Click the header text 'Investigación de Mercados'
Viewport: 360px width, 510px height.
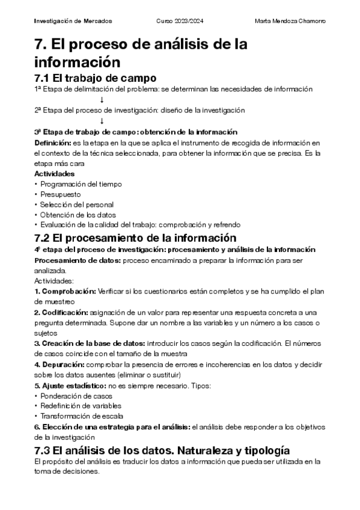coord(73,22)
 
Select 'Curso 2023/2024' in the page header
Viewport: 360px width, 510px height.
coord(180,22)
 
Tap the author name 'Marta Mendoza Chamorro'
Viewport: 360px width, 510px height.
coord(290,22)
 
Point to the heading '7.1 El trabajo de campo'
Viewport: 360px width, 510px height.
coord(96,78)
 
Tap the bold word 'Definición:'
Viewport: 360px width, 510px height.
coord(52,143)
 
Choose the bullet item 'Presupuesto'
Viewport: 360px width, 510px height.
coord(61,194)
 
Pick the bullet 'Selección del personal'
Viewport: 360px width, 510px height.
coord(77,205)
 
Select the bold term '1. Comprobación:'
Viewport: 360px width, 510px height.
coord(65,291)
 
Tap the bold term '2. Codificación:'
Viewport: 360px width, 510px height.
coord(61,313)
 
